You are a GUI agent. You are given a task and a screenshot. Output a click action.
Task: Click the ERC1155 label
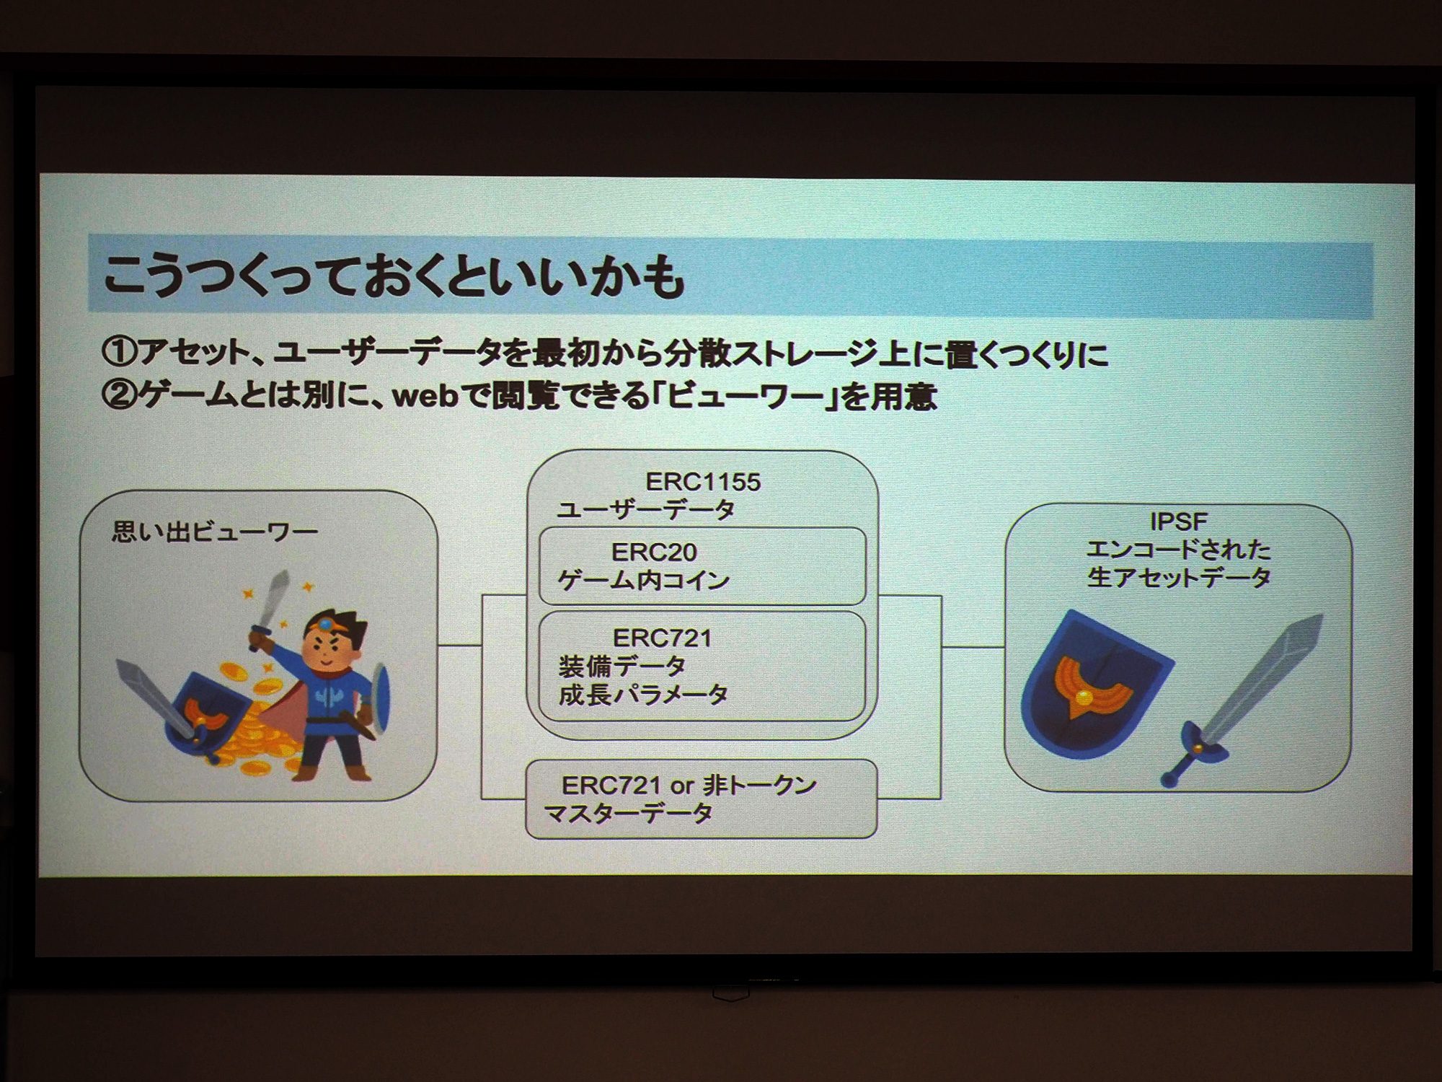703,482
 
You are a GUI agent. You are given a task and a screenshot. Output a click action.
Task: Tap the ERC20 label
654,553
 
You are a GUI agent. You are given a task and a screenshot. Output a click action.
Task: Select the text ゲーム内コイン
643,581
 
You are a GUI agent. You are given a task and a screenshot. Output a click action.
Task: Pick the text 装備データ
622,666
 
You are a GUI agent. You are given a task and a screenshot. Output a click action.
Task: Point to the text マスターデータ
629,814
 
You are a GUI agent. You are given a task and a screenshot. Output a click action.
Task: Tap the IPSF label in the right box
1179,522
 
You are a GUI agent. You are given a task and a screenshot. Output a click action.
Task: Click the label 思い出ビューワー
215,532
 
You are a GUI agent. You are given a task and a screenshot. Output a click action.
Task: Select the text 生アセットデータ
1179,578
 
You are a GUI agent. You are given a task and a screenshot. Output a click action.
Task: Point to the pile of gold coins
245,729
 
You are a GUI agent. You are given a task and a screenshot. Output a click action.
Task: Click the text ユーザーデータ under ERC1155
645,511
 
